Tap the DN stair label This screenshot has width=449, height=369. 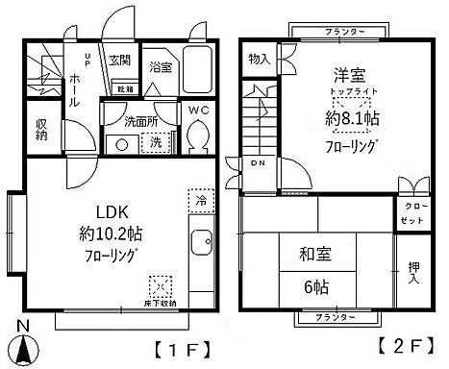click(257, 163)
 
